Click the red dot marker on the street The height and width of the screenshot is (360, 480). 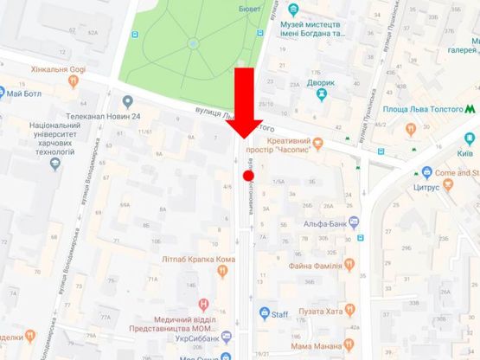(x=248, y=176)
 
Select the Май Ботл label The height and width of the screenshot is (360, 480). (x=25, y=93)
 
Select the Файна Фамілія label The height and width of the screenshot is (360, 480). (x=317, y=264)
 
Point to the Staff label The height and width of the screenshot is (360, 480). (x=279, y=315)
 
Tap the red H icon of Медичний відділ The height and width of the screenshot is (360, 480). (x=203, y=303)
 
